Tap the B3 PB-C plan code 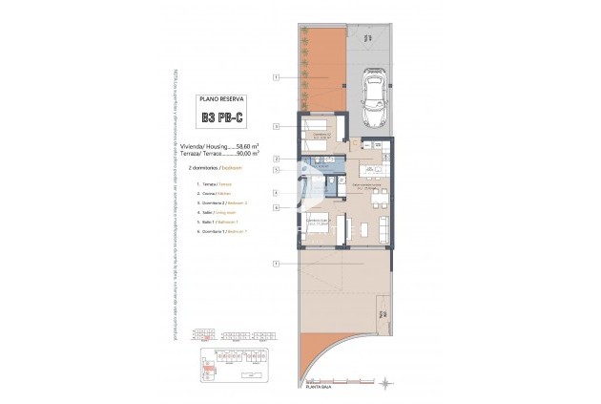pyautogui.click(x=220, y=119)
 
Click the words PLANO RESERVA pyautogui.click(x=220, y=99)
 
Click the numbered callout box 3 pyautogui.click(x=276, y=126)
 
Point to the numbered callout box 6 pyautogui.click(x=276, y=207)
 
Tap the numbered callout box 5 pyautogui.click(x=276, y=169)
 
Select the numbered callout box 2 pyautogui.click(x=276, y=158)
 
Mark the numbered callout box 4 pyautogui.click(x=276, y=192)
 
